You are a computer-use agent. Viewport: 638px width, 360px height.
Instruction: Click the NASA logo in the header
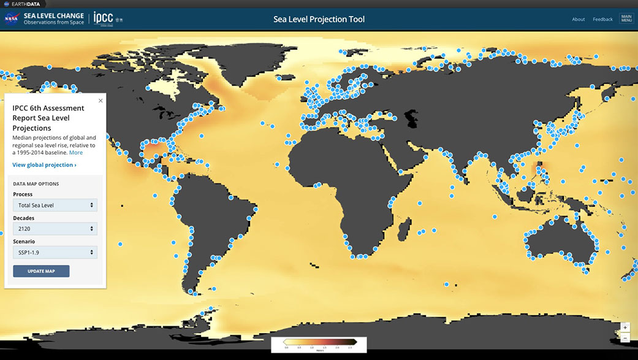click(x=11, y=19)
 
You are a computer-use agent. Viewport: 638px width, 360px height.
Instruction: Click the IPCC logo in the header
click(x=103, y=18)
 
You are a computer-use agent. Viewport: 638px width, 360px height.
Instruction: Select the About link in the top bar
click(x=578, y=19)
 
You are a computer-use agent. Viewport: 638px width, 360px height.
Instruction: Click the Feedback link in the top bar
click(x=602, y=19)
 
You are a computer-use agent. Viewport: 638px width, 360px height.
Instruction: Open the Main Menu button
click(x=626, y=19)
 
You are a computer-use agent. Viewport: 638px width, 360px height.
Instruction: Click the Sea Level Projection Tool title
click(x=319, y=19)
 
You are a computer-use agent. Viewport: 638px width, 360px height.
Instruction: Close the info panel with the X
click(x=101, y=101)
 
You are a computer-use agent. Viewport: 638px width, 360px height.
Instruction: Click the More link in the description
click(x=76, y=153)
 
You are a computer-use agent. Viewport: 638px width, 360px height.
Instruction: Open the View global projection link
click(x=44, y=165)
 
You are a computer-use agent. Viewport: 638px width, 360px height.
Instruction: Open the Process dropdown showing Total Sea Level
click(x=55, y=205)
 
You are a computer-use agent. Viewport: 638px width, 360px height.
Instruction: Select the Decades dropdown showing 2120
click(x=55, y=229)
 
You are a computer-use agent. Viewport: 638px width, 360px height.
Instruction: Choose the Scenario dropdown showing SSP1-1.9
click(x=55, y=252)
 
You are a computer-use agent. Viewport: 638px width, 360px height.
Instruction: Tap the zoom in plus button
click(x=625, y=327)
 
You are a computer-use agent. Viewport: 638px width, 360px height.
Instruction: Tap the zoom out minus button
click(x=625, y=338)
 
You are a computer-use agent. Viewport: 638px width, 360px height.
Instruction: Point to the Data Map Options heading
click(x=36, y=183)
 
